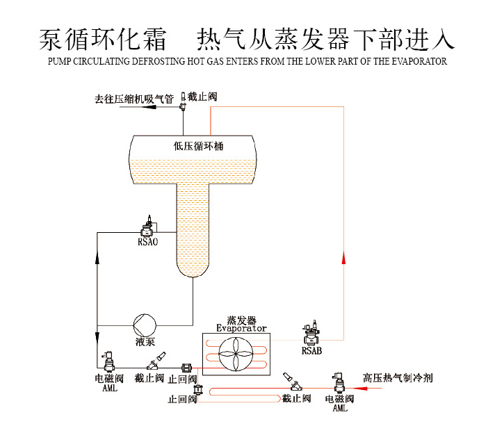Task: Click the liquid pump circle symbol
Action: [145, 324]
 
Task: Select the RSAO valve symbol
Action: [147, 227]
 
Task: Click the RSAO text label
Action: [147, 242]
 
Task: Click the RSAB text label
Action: [311, 351]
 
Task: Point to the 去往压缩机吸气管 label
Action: [134, 99]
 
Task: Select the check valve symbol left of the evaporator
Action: [186, 368]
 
